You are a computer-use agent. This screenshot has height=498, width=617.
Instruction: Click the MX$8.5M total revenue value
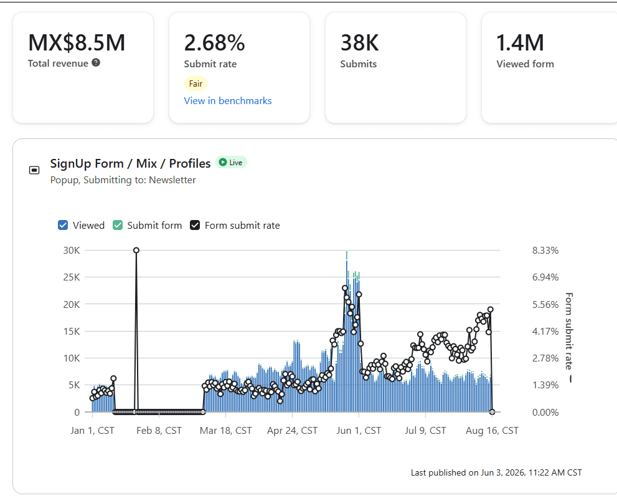(x=77, y=42)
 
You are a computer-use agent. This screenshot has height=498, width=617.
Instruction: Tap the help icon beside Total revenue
(x=96, y=62)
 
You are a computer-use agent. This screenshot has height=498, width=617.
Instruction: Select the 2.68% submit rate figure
(x=214, y=42)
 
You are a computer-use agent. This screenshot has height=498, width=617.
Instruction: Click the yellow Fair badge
(x=195, y=84)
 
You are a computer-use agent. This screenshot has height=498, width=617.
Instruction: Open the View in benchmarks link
(x=228, y=101)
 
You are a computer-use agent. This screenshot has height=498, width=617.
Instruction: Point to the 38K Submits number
(x=360, y=42)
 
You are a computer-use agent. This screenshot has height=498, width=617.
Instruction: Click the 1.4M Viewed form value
(x=520, y=42)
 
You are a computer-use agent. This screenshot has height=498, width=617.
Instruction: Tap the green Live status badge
(x=231, y=162)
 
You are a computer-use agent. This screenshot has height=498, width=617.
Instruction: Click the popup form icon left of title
(x=34, y=170)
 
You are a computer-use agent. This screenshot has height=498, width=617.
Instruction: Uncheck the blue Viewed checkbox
(x=63, y=225)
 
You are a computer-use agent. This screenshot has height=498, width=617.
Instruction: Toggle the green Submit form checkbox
(x=118, y=225)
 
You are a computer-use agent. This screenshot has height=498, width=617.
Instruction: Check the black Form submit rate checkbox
(x=195, y=225)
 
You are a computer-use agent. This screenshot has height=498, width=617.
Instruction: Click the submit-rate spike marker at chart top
(x=136, y=250)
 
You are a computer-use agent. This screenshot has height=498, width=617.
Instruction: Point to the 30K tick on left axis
(x=72, y=250)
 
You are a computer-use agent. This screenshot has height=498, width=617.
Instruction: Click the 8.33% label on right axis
(x=545, y=250)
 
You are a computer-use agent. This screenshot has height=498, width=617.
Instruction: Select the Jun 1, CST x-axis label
(x=359, y=431)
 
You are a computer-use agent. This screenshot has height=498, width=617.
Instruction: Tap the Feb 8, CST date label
(x=159, y=431)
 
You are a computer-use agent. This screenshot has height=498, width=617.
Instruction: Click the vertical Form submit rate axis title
(x=569, y=331)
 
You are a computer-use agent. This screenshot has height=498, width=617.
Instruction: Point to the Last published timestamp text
(x=496, y=473)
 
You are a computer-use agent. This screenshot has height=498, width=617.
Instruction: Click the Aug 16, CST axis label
(x=492, y=431)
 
